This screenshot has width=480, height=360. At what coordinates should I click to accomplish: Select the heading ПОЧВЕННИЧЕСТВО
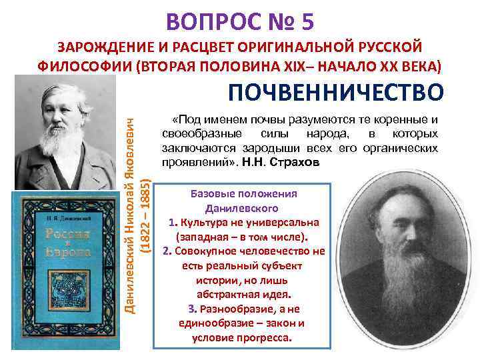[x=335, y=92]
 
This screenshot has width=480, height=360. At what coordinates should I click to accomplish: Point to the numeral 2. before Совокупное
[x=167, y=251]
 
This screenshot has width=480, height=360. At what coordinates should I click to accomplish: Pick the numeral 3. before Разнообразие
[x=191, y=309]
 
